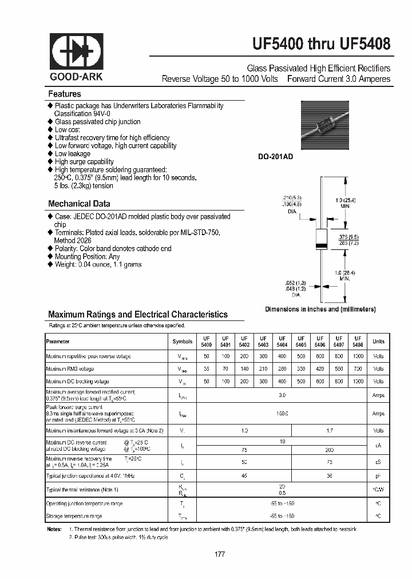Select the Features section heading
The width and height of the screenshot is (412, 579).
coord(64,94)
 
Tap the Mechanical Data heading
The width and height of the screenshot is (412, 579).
coord(79,204)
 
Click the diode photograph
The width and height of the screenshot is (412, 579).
coord(324,125)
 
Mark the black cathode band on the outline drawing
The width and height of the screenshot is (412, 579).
coord(321,245)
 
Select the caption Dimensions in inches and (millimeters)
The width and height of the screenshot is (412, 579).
coord(320,309)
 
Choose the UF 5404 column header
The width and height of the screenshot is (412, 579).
coord(282,342)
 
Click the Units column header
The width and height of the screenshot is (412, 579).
coord(378,342)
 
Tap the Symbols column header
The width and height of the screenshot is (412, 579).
coord(183,342)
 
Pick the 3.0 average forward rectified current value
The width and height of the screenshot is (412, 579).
coord(282,395)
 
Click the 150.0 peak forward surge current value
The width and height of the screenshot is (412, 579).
coord(282,414)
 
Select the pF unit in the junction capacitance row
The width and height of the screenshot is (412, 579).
coord(378,475)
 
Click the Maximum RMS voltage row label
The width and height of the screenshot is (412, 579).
coord(70,369)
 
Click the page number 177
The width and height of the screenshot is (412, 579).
coord(220,554)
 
